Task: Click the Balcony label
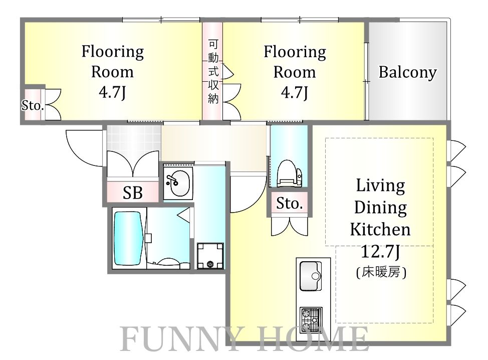407,73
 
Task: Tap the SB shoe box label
133,193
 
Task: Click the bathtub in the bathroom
129,238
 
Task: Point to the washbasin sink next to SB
177,184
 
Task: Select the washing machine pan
209,256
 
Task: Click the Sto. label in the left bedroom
33,105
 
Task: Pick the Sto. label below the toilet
290,204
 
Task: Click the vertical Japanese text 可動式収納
213,72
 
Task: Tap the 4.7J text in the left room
112,93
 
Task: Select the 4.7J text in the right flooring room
295,93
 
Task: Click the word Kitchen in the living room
380,230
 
